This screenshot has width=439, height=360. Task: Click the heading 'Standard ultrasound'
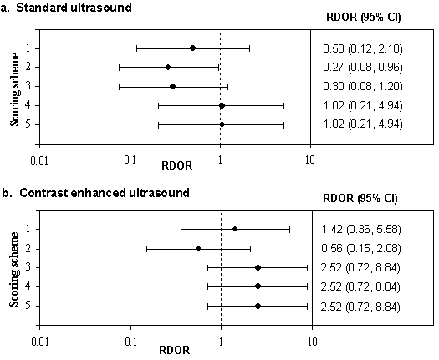(74, 7)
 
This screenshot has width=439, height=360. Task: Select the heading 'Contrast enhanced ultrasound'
(105, 193)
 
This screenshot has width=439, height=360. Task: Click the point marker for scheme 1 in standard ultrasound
(192, 48)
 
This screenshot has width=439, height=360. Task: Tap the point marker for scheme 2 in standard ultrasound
(168, 67)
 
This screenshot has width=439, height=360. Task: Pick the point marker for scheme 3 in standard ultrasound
(173, 86)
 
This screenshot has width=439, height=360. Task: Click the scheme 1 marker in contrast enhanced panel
(235, 229)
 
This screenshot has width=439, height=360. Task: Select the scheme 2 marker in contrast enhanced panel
(198, 248)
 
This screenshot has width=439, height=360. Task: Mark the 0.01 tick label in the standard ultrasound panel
(39, 161)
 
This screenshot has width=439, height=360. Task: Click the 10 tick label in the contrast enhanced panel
(312, 342)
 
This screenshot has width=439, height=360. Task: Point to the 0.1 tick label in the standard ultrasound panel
(130, 160)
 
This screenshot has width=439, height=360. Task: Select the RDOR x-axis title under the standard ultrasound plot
(177, 165)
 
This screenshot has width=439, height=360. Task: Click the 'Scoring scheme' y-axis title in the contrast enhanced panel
(14, 269)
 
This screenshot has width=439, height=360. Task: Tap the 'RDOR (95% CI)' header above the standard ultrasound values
(364, 17)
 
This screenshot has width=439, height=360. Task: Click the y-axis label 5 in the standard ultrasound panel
(28, 124)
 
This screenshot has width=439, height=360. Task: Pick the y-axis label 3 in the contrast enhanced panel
(28, 267)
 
